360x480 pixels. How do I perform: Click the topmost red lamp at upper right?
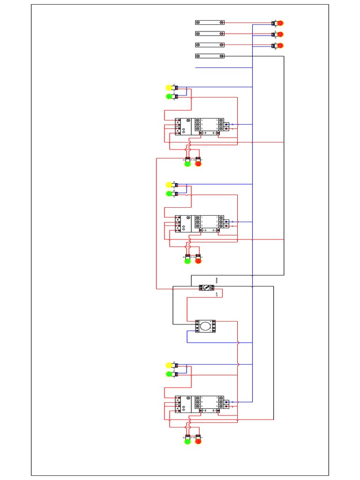pos(280,22)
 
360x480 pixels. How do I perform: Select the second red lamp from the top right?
pos(280,34)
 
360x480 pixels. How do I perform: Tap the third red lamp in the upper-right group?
pos(280,45)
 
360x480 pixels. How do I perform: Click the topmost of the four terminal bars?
pos(210,22)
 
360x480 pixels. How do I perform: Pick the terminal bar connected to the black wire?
pos(210,56)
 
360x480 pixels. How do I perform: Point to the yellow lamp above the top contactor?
pos(169,87)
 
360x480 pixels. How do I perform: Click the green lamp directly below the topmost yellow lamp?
pos(169,97)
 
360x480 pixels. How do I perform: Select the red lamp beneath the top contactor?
pos(198,164)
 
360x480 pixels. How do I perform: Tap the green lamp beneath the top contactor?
pos(187,164)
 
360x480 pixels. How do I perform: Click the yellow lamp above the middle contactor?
pos(169,185)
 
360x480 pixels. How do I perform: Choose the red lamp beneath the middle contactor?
pos(198,261)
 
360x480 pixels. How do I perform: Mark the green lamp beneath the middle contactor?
pos(187,261)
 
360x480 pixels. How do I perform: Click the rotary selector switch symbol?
pos(205,287)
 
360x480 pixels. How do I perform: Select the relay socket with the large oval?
pos(205,326)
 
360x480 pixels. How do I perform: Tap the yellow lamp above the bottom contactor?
pos(169,365)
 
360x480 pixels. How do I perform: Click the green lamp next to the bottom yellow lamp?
pos(169,374)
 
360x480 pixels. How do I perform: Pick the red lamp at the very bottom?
pos(198,441)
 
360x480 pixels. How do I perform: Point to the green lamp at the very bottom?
pos(187,441)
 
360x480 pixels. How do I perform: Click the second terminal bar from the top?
pos(210,34)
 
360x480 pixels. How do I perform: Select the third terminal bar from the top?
pos(210,45)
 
